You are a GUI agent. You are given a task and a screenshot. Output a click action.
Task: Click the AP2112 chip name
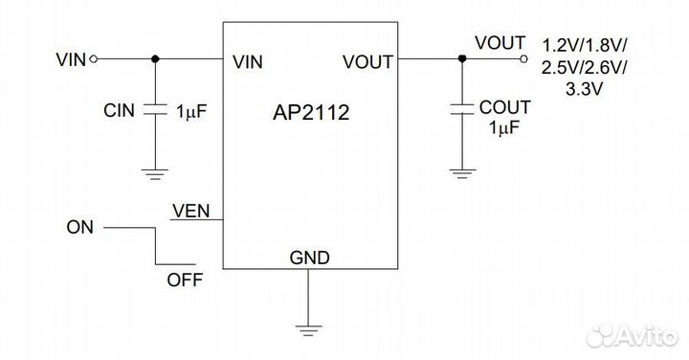[311, 113]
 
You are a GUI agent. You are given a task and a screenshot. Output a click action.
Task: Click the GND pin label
[309, 257]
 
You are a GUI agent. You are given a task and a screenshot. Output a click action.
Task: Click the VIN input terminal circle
[93, 59]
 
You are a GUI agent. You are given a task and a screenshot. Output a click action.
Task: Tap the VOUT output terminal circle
[523, 59]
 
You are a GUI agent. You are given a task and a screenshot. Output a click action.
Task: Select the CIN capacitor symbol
[154, 110]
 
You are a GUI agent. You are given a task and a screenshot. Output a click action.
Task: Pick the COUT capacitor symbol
[462, 107]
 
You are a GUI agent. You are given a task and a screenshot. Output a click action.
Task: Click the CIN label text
[120, 111]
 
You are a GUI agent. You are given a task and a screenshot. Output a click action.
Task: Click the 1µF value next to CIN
[191, 111]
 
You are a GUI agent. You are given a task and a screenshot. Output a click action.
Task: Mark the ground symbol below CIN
[154, 173]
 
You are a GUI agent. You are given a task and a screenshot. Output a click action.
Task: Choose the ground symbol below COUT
[462, 173]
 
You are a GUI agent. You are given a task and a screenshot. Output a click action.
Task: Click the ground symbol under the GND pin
[309, 331]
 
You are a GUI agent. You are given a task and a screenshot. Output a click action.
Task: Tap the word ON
[79, 228]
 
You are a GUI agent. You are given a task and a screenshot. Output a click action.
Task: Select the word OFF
[184, 280]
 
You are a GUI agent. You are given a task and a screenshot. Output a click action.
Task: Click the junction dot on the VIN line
[154, 59]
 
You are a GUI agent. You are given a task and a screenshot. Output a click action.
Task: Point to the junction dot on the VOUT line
[462, 59]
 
